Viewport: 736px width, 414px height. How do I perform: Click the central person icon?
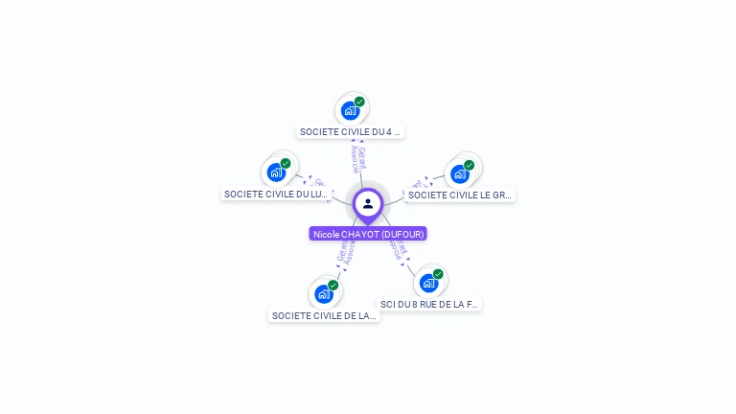368,203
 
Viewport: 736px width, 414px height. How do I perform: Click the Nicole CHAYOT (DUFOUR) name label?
368,234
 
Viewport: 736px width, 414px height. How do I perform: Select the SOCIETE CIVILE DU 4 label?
351,132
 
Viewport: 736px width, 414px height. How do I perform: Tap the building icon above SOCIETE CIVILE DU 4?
350,110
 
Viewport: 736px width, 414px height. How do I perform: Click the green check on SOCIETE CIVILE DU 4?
359,102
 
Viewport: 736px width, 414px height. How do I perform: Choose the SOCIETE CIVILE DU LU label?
276,194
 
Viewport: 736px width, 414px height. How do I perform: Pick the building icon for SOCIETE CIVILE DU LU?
276,172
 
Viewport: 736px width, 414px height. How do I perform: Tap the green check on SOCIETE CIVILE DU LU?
286,164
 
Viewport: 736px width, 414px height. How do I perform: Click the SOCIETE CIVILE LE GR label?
460,195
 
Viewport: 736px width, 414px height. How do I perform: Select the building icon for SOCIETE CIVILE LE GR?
459,173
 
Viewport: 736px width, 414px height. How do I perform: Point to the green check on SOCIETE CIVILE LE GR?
469,165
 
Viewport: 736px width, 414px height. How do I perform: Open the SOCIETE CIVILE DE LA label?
324,315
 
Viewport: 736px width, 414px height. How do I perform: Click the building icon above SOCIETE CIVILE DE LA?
323,293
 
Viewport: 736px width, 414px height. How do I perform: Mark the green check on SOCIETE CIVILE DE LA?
333,285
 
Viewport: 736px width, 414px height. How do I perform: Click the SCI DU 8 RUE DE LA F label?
429,304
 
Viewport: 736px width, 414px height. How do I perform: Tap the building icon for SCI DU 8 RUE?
428,283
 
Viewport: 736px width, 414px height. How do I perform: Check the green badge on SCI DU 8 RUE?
438,274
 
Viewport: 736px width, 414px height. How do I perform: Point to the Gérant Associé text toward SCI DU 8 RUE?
399,251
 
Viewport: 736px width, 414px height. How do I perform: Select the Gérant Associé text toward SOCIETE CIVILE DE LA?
345,252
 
